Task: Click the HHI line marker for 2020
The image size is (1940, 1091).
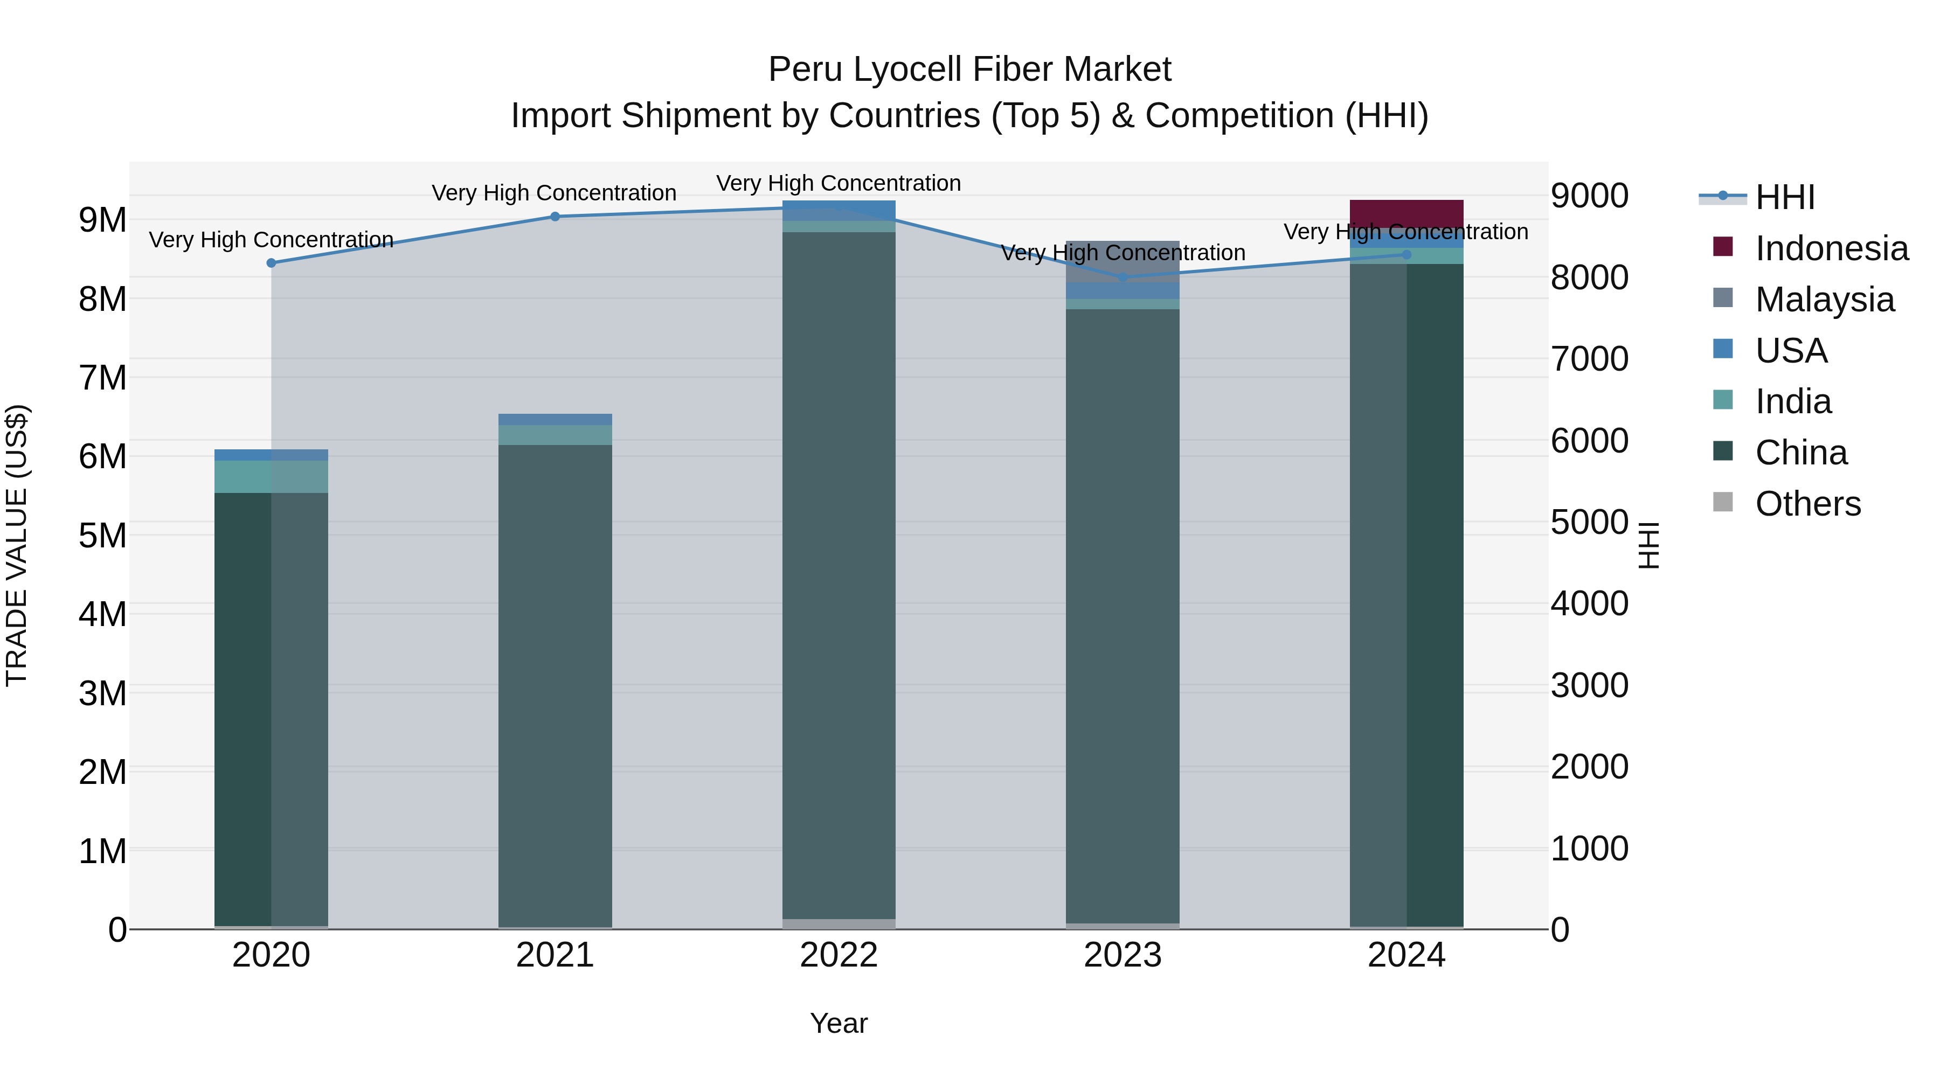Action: pyautogui.click(x=271, y=263)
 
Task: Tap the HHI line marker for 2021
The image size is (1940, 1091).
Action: pyautogui.click(x=555, y=216)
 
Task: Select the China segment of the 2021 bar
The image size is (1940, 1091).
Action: pyautogui.click(x=555, y=678)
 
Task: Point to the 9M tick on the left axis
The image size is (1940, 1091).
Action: pyautogui.click(x=103, y=220)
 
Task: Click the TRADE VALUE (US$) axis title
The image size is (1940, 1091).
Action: pyautogui.click(x=17, y=545)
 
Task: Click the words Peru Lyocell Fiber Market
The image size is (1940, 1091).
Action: pyautogui.click(x=969, y=70)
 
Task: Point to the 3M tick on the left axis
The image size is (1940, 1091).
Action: pyautogui.click(x=103, y=693)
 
